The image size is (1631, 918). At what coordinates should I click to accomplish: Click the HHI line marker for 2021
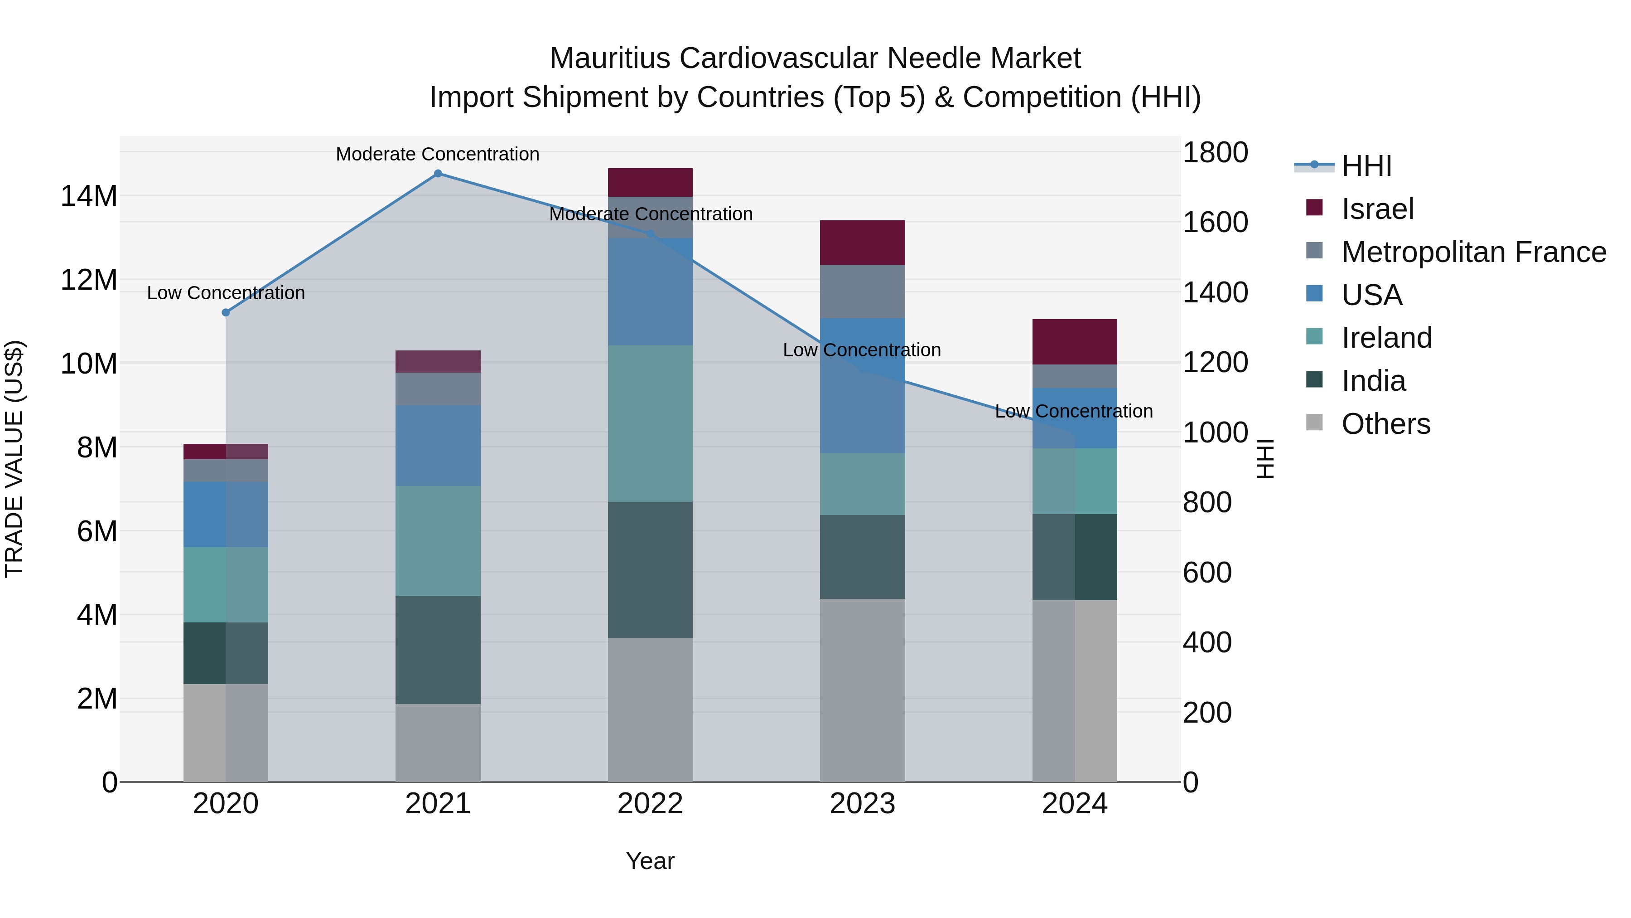click(x=438, y=174)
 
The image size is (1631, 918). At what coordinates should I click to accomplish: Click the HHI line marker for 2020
click(x=226, y=312)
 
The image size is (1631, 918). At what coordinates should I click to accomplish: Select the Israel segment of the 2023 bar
click(x=862, y=243)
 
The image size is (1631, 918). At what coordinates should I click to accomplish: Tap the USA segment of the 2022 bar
click(x=650, y=291)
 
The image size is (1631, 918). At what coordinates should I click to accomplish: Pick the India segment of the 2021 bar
click(x=438, y=650)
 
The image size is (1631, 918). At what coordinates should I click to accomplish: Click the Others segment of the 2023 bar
click(x=862, y=690)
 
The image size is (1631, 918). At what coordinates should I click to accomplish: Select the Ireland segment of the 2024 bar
click(x=1075, y=481)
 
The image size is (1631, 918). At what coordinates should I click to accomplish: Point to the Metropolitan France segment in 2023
click(x=862, y=291)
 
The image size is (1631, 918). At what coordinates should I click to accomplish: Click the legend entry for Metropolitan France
click(x=1473, y=252)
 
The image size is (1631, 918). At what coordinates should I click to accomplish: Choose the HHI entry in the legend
click(x=1366, y=166)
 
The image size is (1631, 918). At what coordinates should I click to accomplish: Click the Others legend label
click(x=1385, y=424)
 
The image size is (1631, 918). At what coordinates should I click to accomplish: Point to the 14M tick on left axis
click(x=89, y=196)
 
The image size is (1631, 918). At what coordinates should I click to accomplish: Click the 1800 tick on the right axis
click(x=1214, y=153)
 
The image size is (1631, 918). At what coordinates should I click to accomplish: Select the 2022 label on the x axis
click(x=650, y=804)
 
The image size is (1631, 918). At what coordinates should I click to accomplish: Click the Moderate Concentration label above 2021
click(x=438, y=154)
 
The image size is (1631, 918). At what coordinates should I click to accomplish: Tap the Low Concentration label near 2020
click(x=226, y=293)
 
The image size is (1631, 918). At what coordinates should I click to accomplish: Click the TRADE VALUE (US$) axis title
click(x=14, y=459)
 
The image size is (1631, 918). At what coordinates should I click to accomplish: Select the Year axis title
click(x=650, y=861)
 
